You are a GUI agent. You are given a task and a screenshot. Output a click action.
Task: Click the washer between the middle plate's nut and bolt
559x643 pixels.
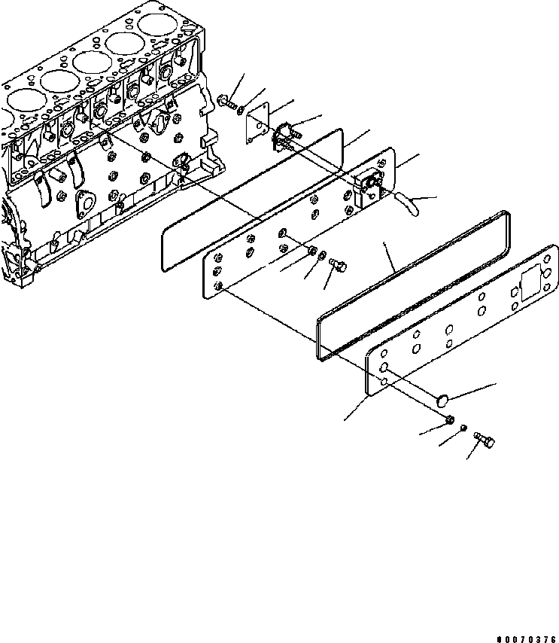[x=322, y=258]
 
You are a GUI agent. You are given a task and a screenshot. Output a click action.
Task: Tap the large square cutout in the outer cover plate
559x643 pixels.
[x=527, y=285]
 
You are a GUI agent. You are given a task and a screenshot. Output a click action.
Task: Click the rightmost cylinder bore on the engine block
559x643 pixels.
[x=159, y=26]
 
